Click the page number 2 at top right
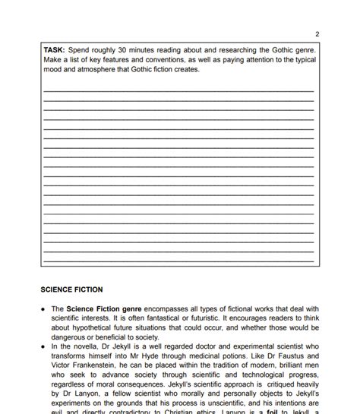(317, 34)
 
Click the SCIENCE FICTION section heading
(71, 289)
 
